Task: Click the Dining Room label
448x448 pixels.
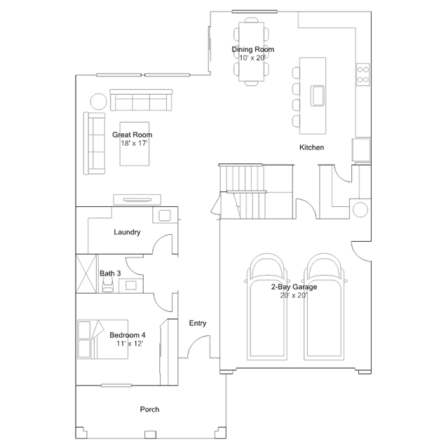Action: coord(253,50)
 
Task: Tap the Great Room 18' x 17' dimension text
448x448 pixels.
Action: coord(134,143)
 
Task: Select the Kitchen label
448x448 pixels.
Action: coord(312,147)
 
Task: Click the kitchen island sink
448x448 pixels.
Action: coord(318,96)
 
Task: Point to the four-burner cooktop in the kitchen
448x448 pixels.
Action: coord(363,74)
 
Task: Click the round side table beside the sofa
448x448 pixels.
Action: coord(99,102)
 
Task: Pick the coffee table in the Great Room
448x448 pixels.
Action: coord(135,144)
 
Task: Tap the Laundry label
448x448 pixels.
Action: coord(127,232)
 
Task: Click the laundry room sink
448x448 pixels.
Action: coord(164,215)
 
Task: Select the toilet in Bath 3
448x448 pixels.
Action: coord(108,284)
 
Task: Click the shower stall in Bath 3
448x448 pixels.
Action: coord(86,273)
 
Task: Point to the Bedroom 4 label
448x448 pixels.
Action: coord(128,335)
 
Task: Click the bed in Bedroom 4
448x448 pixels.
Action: coord(102,339)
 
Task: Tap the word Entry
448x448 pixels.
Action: coord(198,323)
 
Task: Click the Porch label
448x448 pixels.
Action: coord(150,409)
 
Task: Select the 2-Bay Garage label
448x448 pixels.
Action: coord(294,287)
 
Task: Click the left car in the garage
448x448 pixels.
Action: coord(267,306)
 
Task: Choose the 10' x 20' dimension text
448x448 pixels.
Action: coord(252,58)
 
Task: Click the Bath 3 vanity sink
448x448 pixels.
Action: coord(131,285)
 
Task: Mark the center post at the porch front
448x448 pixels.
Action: coord(150,435)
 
